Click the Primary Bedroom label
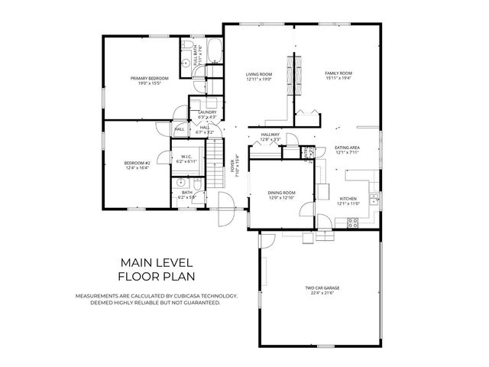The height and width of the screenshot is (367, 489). [x=149, y=77]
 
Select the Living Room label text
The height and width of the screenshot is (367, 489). [x=259, y=73]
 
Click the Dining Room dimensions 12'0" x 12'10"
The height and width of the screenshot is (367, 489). [x=280, y=198]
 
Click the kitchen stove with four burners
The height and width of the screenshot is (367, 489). [x=354, y=222]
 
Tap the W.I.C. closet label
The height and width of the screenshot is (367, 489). [x=186, y=157]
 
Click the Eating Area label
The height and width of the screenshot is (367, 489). [x=347, y=147]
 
